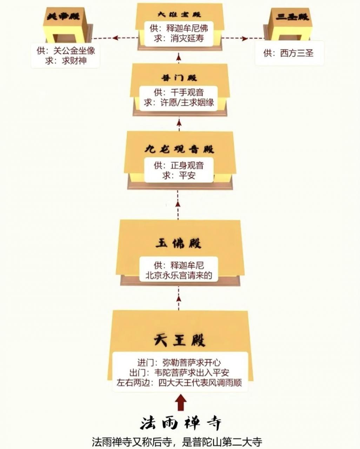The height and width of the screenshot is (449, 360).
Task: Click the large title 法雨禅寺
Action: coord(180,423)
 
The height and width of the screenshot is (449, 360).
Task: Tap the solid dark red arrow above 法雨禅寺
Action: coord(180,403)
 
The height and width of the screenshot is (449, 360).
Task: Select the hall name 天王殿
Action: coord(180,340)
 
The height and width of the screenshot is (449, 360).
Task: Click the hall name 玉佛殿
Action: coord(179,243)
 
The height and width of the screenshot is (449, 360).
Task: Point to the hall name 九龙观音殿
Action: coord(179,149)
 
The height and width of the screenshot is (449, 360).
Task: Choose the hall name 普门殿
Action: coord(179,78)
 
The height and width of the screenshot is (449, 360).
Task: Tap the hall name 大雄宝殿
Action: coord(179,15)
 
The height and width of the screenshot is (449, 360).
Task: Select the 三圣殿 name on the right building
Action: coord(292,16)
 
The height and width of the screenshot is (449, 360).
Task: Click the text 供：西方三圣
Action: coord(288,53)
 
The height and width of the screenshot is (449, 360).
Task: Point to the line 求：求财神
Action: coord(66,61)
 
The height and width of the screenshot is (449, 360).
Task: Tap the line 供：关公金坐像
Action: coord(66,51)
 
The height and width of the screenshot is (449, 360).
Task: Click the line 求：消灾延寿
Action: coord(179,38)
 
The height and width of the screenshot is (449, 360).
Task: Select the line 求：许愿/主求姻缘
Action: coord(179,102)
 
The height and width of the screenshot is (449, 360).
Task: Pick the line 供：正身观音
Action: coord(179,165)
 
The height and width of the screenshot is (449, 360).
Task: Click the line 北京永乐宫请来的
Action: coord(179,275)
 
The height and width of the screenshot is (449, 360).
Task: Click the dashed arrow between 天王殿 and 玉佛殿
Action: coord(179,298)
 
